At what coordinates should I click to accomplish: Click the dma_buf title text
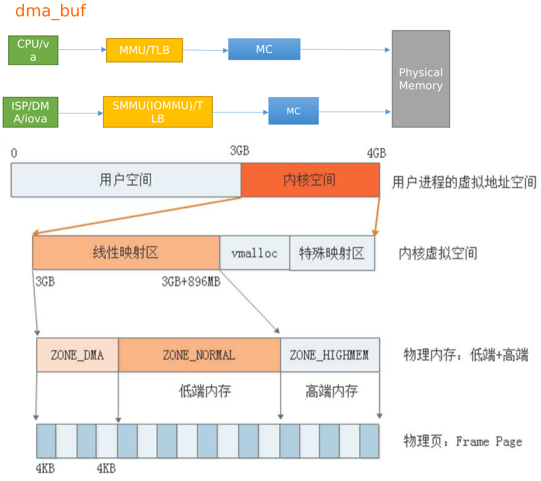50,10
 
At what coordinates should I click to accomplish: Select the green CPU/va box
33,50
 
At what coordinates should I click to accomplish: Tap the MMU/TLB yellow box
144,50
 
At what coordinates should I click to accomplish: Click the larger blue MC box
264,49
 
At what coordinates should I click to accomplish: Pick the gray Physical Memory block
421,79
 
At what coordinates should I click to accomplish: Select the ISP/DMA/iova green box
30,112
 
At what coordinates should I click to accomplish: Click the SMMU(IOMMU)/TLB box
158,112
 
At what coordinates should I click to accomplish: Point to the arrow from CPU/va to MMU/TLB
81,50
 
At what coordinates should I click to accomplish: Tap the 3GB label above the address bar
239,151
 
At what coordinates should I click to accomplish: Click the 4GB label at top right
376,153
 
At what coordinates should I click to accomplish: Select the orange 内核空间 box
310,180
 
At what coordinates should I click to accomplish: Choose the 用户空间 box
125,180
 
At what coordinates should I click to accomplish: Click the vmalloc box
254,253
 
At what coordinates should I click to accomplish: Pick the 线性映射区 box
125,253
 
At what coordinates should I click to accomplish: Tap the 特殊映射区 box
332,253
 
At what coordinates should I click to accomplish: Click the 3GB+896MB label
191,282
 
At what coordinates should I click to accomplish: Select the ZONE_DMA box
77,355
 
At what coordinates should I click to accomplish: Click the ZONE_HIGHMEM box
329,355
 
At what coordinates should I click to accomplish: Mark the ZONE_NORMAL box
199,355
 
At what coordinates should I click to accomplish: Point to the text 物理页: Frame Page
463,441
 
